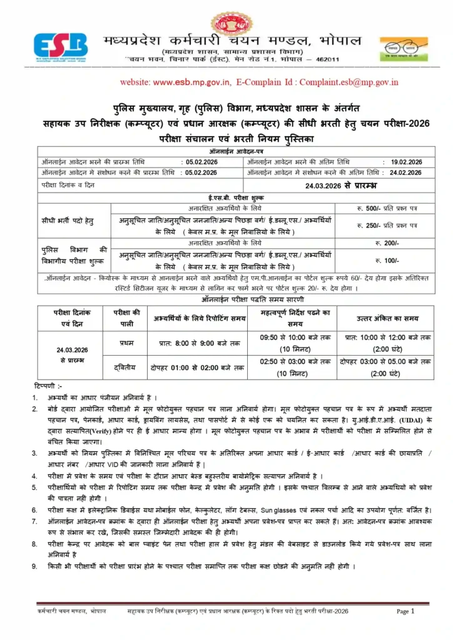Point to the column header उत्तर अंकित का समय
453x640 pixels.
(x=385, y=318)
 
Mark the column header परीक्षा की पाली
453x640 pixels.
(x=126, y=318)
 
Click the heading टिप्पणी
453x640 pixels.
(x=49, y=385)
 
